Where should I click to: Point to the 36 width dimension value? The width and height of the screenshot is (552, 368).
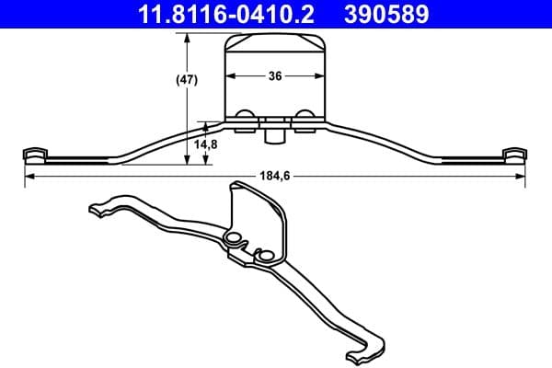click(x=275, y=77)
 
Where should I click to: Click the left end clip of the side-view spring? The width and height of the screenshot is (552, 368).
click(x=33, y=153)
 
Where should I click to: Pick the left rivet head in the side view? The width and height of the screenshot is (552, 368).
click(x=246, y=116)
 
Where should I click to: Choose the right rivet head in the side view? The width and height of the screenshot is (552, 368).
click(x=304, y=116)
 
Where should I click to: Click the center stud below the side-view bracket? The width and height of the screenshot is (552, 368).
click(x=274, y=135)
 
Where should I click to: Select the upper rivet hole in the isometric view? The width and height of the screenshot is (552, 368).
click(x=233, y=239)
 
